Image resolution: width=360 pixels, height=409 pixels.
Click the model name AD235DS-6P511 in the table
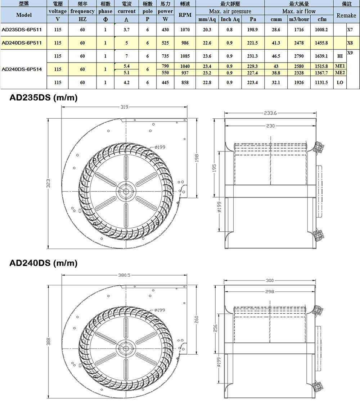[22, 29]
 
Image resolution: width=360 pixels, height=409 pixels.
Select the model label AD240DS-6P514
[22, 69]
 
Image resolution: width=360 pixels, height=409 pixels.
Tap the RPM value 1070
[185, 29]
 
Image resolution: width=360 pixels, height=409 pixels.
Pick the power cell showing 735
[165, 56]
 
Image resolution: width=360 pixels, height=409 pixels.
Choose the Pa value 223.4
[253, 82]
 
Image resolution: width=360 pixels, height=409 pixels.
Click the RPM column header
[185, 15]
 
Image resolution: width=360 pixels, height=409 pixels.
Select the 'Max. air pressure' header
[230, 11]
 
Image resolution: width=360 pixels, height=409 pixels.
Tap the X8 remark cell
[350, 43]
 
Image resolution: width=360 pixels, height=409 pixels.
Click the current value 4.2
[126, 82]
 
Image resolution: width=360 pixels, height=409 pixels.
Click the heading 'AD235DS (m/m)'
[44, 98]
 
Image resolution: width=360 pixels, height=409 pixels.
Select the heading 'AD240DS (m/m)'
[44, 263]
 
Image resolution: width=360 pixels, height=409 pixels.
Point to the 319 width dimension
[124, 106]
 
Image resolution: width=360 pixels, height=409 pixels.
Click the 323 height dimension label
[48, 183]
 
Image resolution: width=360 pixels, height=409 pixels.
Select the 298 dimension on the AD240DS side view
[270, 292]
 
